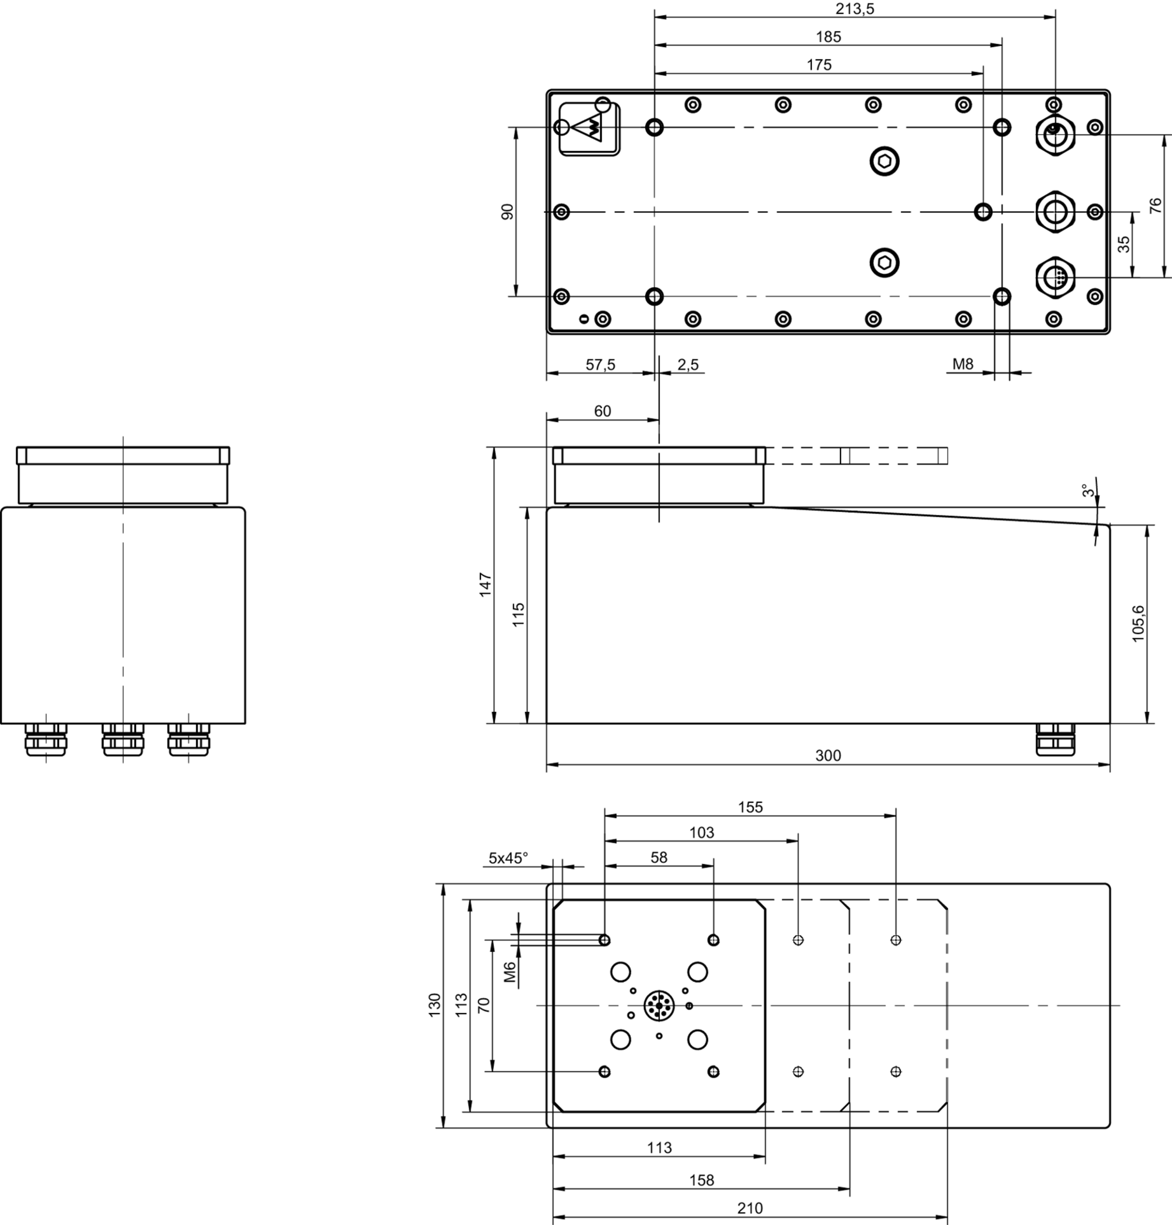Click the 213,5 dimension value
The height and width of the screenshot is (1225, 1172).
855,9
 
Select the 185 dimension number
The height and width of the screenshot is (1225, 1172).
828,37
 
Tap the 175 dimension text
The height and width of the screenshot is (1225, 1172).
819,65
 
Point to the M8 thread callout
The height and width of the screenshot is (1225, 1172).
963,364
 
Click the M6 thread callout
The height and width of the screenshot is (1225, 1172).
510,972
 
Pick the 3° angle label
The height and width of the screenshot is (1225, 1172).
1089,491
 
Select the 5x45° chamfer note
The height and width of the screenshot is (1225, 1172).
508,858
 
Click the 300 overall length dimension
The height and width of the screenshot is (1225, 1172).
828,756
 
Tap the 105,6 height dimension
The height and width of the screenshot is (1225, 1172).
1138,623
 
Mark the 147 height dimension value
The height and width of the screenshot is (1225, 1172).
485,584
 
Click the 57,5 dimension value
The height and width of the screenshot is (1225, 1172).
600,365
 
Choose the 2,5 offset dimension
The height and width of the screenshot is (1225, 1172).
688,365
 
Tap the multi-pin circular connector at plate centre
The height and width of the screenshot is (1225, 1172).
658,1005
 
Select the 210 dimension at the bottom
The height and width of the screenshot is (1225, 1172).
750,1208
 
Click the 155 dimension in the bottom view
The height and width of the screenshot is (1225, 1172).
750,807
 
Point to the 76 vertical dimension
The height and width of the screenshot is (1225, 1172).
1155,205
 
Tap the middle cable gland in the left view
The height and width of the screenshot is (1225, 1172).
123,739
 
